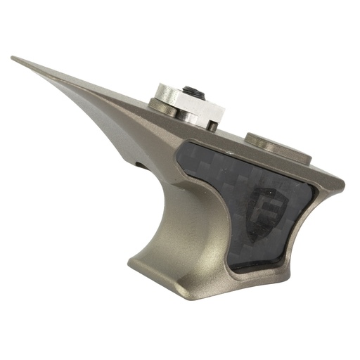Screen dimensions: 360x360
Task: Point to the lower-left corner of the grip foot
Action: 131,264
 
